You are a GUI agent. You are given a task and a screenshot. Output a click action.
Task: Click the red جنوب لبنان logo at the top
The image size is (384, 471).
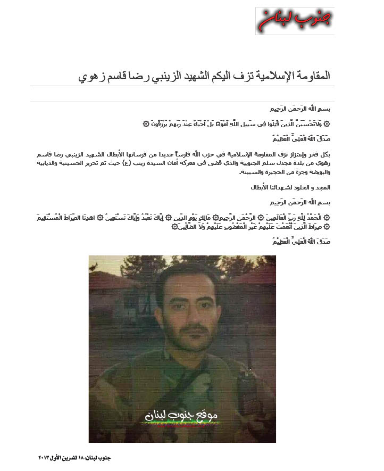[295, 20]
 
